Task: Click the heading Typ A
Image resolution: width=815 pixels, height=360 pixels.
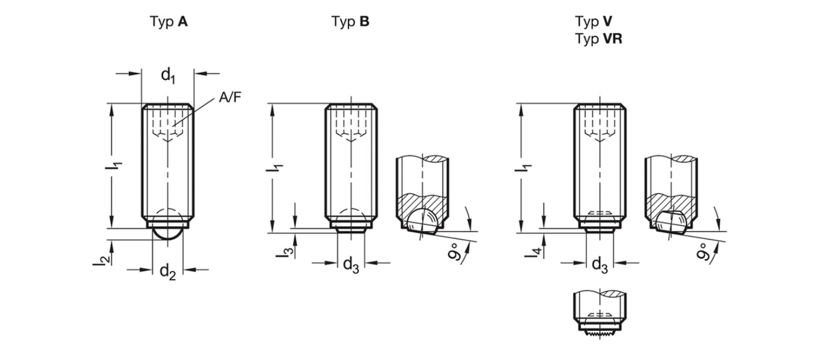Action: [x=169, y=22]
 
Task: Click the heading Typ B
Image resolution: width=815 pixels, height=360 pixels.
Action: [x=350, y=22]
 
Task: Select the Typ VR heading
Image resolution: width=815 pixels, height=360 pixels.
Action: [x=598, y=39]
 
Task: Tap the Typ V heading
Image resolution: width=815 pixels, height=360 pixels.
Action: [x=593, y=22]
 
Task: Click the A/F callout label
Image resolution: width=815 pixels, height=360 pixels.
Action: [x=230, y=97]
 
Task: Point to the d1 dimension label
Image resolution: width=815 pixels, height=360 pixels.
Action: [x=168, y=76]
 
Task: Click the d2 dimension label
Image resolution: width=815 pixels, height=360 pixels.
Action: [x=168, y=272]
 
